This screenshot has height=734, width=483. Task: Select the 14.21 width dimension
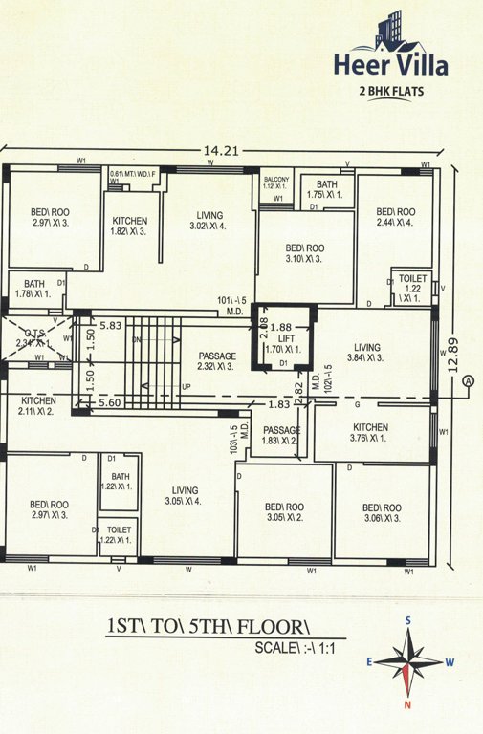pos(223,149)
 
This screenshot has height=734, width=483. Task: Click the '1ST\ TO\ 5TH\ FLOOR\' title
pos(210,627)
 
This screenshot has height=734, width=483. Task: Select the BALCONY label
pos(276,182)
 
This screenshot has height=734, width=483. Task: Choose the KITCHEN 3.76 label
pos(369,433)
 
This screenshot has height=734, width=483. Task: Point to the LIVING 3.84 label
pos(365,354)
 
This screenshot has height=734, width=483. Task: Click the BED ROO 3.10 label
pos(304,253)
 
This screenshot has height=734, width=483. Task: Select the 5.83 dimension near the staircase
pos(111,326)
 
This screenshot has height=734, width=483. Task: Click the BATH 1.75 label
pos(327,190)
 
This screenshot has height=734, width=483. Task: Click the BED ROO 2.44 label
pos(394,217)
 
